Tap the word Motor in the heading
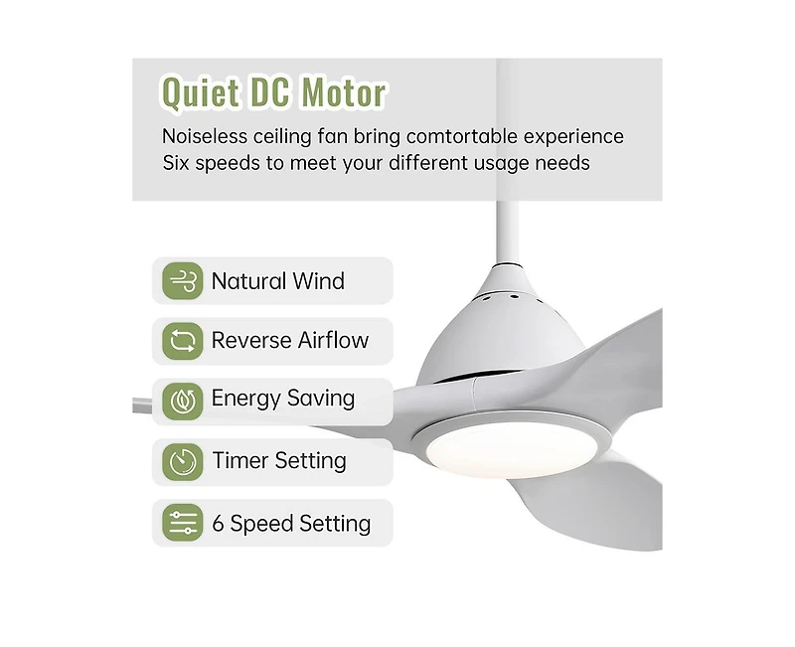(x=344, y=93)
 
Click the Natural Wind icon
(x=183, y=281)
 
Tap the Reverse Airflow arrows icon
(x=183, y=341)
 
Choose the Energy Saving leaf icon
(x=183, y=400)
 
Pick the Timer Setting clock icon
(x=183, y=461)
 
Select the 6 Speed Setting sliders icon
(x=183, y=523)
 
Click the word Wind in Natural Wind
(x=318, y=281)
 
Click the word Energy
(x=242, y=400)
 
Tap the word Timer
(x=240, y=461)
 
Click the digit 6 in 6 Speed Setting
(x=219, y=524)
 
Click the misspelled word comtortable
(x=464, y=136)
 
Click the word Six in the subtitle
(x=178, y=162)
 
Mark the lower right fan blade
(x=621, y=497)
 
